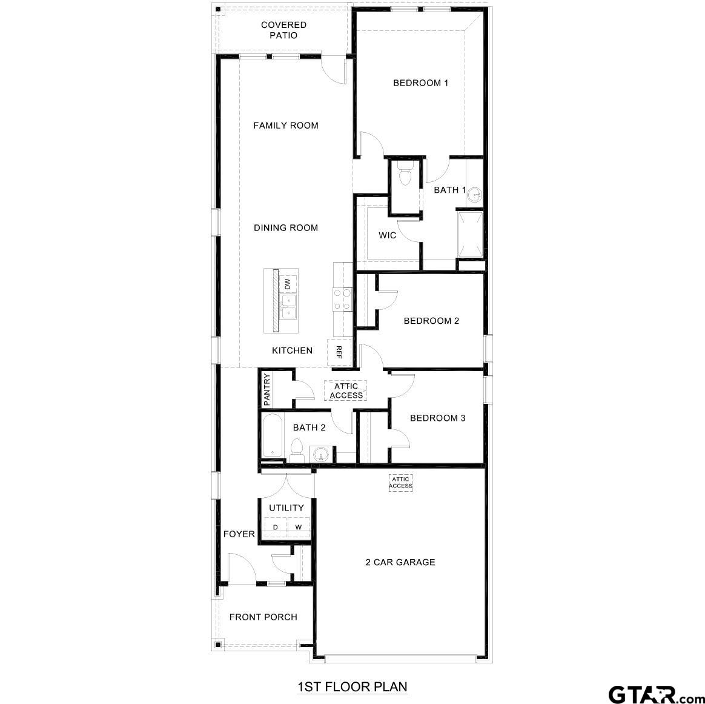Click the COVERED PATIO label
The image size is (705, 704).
point(283,30)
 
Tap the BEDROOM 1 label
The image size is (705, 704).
point(420,83)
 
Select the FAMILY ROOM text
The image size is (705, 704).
point(285,126)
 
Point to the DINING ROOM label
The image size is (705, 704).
point(285,228)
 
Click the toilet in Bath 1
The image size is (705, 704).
point(404,172)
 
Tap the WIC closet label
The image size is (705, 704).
point(388,235)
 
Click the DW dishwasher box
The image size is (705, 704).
point(288,283)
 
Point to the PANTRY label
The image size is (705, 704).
point(266,389)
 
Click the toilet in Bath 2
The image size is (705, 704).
point(297,450)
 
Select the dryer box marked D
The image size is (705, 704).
point(275,527)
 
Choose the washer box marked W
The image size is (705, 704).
point(298,527)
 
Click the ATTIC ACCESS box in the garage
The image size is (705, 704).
point(400,483)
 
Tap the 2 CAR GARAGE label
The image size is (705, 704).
point(400,562)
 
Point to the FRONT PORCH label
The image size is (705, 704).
point(263,617)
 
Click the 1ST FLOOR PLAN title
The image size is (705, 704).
point(352,687)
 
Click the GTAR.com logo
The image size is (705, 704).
point(654,692)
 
